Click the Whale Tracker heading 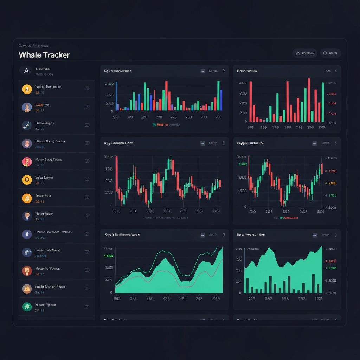pyautogui.click(x=44, y=55)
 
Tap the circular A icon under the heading pyautogui.click(x=26, y=71)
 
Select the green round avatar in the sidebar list pyautogui.click(x=27, y=307)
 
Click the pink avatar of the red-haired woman pyautogui.click(x=27, y=162)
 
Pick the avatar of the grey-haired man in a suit pyautogui.click(x=27, y=216)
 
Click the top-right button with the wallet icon pyautogui.click(x=330, y=53)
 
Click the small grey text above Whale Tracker pyautogui.click(x=33, y=45)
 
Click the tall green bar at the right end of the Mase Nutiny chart pyautogui.click(x=322, y=102)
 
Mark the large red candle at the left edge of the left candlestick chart pyautogui.click(x=116, y=176)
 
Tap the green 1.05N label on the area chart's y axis pyautogui.click(x=108, y=256)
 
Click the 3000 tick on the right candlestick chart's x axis pyautogui.click(x=320, y=212)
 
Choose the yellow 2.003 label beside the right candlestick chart pyautogui.click(x=332, y=183)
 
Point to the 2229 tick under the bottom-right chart pyautogui.click(x=319, y=299)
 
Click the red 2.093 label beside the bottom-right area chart pyautogui.click(x=332, y=261)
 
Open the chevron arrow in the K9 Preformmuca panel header pyautogui.click(x=224, y=71)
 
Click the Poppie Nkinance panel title pyautogui.click(x=250, y=143)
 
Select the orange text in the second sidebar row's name pyautogui.click(x=38, y=105)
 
